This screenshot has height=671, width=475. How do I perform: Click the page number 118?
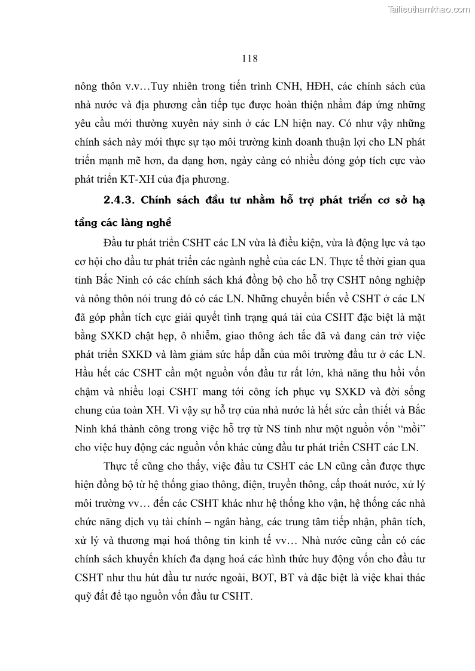tap(249, 58)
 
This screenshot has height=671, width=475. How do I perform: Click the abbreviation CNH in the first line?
tap(293, 87)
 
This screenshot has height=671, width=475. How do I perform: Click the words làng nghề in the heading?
tap(147, 223)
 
